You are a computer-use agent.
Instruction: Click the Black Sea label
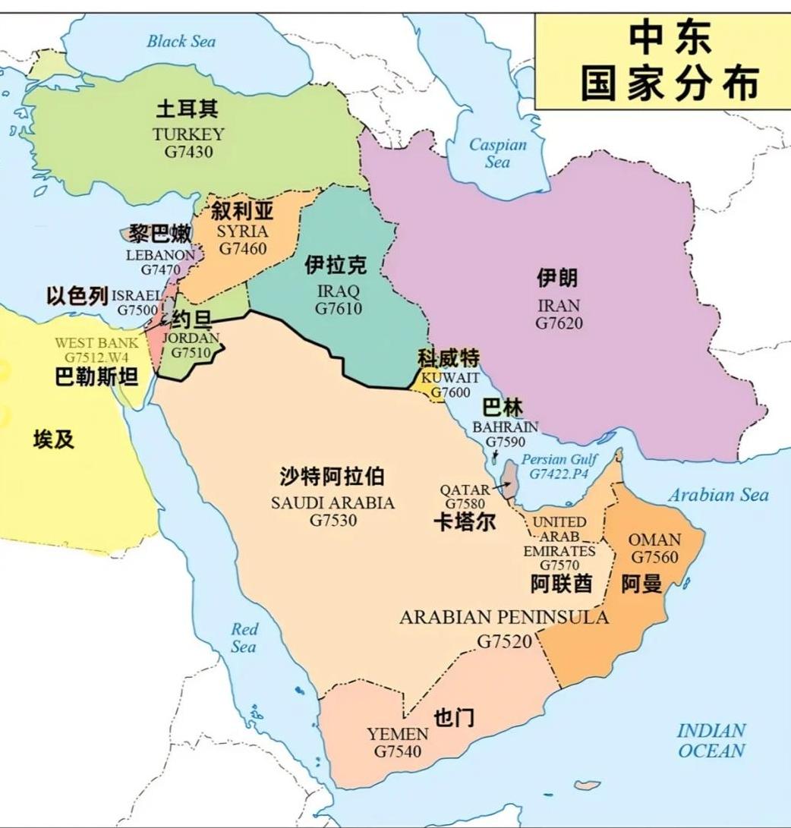[x=181, y=41]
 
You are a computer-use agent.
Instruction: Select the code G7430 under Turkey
[x=188, y=152]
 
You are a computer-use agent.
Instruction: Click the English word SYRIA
[x=242, y=231]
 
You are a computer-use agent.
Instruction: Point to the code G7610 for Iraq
[x=339, y=308]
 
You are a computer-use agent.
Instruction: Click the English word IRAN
[x=559, y=306]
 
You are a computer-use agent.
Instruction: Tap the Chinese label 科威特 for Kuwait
[x=448, y=358]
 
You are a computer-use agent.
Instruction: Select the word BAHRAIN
[x=505, y=427]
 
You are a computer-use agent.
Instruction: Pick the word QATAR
[x=465, y=490]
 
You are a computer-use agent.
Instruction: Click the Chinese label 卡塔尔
[x=465, y=522]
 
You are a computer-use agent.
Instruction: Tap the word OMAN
[x=654, y=540]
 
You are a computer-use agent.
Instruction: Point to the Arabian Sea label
[x=718, y=496]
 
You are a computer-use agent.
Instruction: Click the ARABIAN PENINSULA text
[x=504, y=617]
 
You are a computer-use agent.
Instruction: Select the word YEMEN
[x=398, y=735]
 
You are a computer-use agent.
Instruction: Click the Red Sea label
[x=244, y=638]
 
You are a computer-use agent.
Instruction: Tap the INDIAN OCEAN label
[x=711, y=741]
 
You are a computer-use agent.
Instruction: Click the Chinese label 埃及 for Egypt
[x=54, y=439]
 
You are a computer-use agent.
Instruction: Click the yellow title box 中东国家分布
[x=662, y=61]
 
